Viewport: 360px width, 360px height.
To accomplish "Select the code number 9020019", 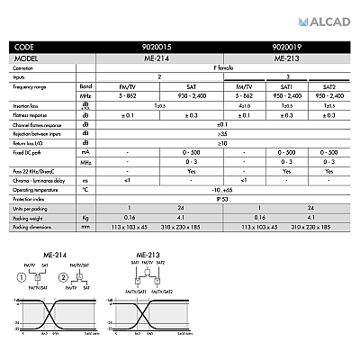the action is tap(286, 45).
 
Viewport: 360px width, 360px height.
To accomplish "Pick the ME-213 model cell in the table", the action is tap(286, 57).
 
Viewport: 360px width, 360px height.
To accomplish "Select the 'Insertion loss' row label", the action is tap(28, 105).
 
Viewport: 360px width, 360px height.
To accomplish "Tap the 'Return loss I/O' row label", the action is tap(29, 141).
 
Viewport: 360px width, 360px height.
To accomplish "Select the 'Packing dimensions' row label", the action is tap(33, 227).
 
